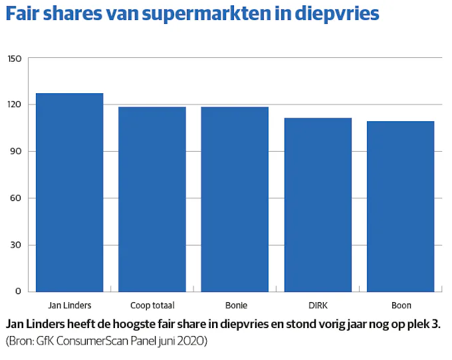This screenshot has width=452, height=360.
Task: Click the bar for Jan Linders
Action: (70, 192)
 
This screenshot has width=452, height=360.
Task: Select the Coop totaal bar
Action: (152, 199)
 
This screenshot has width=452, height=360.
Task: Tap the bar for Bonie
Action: (235, 199)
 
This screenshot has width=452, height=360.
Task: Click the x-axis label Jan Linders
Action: (70, 306)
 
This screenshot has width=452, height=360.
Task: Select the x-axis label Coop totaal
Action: (152, 306)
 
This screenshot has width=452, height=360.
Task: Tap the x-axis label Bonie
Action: (235, 306)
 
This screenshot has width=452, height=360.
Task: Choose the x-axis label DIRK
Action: (318, 306)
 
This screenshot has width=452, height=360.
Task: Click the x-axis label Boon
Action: (401, 306)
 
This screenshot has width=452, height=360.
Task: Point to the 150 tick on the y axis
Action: (15, 59)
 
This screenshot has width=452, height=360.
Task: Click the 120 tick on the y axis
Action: (15, 105)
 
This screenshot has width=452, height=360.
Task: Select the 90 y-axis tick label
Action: (16, 152)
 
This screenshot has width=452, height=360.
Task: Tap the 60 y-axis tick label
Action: (16, 198)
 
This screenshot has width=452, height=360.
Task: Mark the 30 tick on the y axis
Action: (16, 245)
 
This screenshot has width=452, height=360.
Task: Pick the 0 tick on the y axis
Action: (19, 291)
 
